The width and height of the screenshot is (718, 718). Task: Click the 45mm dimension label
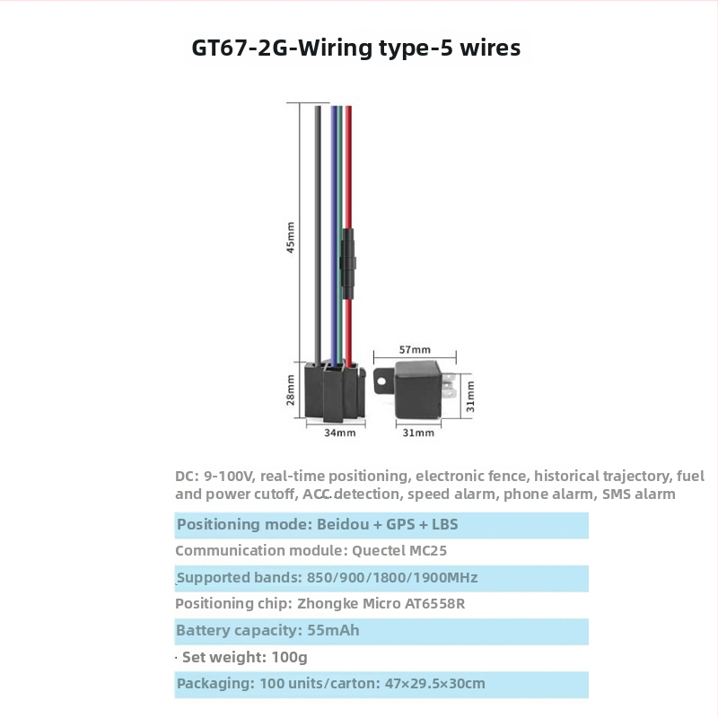coord(290,237)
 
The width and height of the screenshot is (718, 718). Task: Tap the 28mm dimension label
coord(290,390)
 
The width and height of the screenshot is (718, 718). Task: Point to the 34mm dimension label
coord(340,433)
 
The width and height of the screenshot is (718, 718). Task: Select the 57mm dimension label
coord(415,350)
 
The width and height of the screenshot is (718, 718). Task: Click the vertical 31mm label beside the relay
coord(470,397)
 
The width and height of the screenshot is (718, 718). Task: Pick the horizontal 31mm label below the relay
coord(418,433)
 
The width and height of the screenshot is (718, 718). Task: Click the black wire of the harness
coord(318,233)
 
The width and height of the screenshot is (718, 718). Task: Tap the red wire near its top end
coord(348,119)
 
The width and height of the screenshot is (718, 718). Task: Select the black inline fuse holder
coord(348,264)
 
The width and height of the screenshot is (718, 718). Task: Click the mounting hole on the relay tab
coord(381,381)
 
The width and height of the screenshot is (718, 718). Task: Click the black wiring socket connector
coord(335,390)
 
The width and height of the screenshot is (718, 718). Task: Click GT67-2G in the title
coord(240,48)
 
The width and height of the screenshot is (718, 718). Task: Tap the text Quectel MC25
coord(398,550)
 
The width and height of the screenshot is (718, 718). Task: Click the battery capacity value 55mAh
coord(333,630)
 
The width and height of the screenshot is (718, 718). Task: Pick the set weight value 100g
coord(289,658)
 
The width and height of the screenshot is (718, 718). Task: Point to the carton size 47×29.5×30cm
coord(434,684)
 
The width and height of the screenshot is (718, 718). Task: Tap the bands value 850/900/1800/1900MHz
coord(392,577)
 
